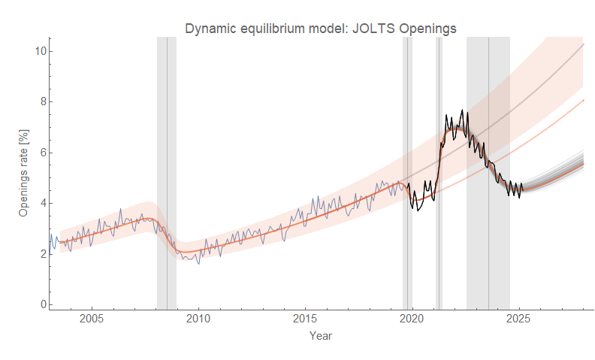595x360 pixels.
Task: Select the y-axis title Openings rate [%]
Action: point(23,172)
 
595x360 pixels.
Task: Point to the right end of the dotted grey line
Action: point(583,45)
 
